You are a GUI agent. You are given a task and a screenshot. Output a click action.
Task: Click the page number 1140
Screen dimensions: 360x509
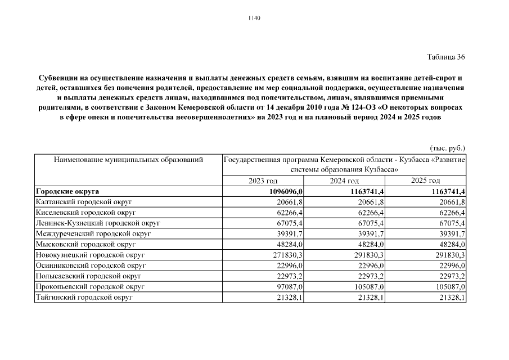tap(254, 18)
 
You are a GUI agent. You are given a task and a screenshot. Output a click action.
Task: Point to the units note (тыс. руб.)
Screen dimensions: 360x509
tap(448, 148)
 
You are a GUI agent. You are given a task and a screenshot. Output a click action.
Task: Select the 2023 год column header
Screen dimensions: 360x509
tap(263, 181)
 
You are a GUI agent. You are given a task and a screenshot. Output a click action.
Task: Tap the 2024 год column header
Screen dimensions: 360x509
tap(344, 181)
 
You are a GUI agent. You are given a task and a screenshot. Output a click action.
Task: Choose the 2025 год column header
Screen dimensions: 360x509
tap(426, 181)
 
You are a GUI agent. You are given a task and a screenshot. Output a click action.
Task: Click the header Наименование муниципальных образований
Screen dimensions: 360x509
tap(128, 160)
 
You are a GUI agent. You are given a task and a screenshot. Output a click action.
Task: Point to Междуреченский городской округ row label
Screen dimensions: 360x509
tap(93, 233)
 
